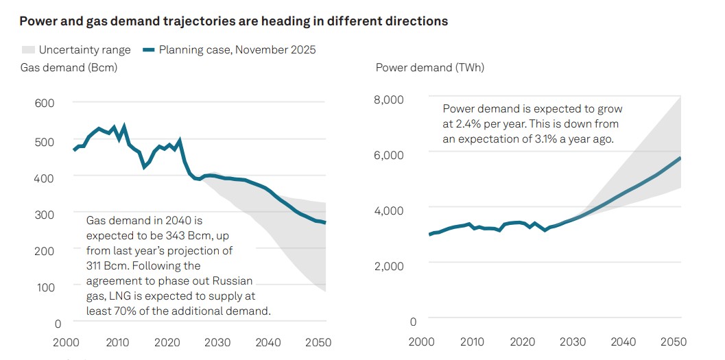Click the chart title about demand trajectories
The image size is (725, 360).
233,21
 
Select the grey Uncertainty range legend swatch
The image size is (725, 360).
27,50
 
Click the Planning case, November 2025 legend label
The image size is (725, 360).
237,50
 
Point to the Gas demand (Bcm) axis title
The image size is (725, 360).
69,67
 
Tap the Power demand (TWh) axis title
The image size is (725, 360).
429,67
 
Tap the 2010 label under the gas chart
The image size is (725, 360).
117,341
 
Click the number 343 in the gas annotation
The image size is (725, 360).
165,235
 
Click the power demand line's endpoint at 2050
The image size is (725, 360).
680,158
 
